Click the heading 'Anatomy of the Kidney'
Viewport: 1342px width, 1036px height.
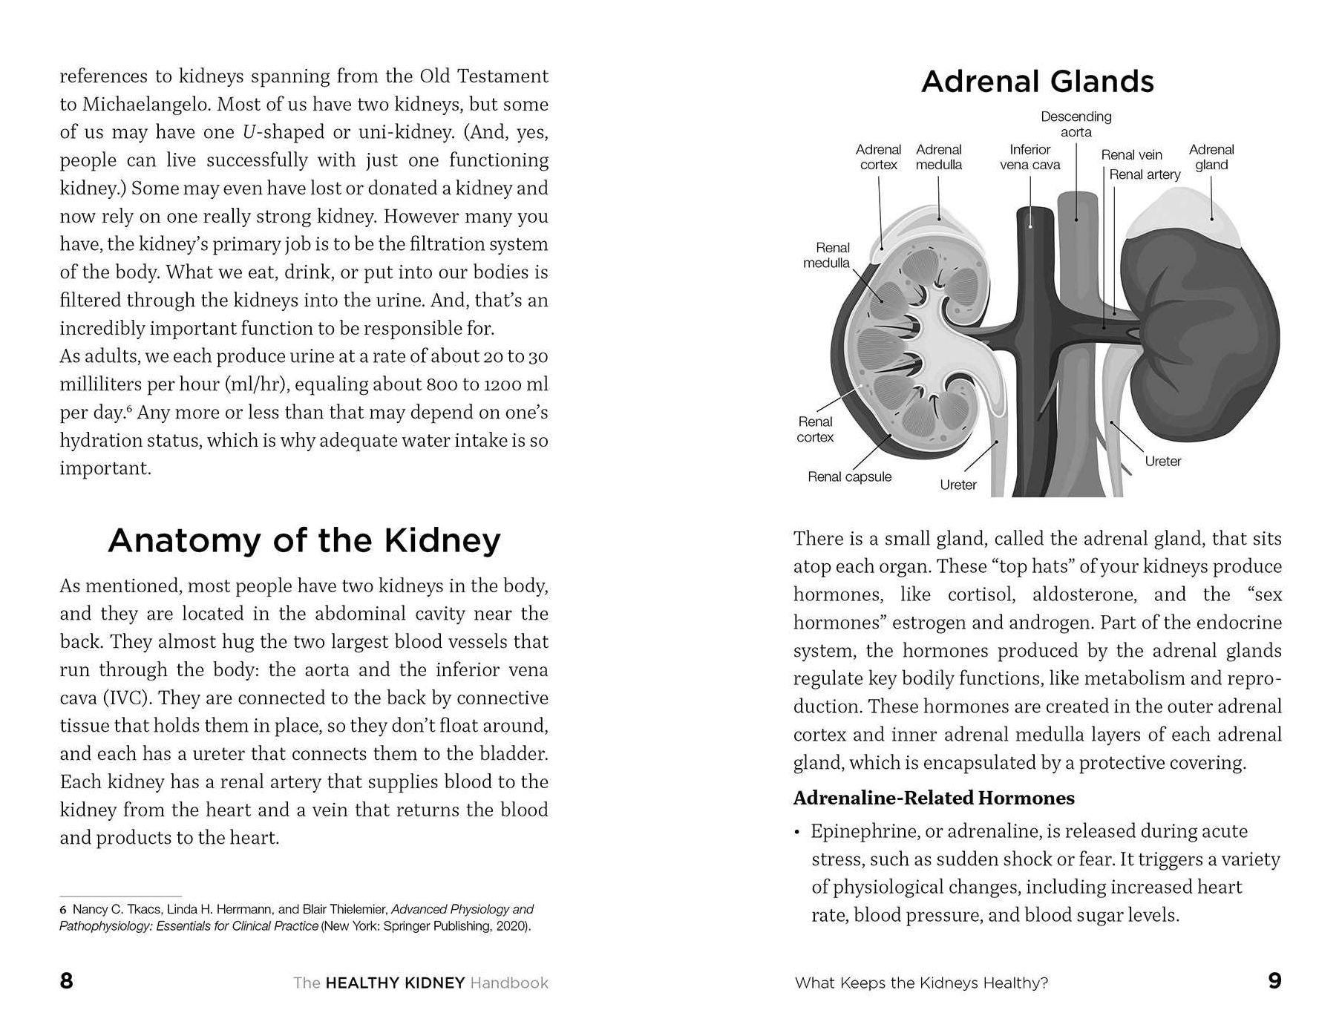click(x=304, y=540)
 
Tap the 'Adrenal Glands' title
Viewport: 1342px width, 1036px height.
click(x=1037, y=82)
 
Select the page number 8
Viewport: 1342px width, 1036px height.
click(x=66, y=981)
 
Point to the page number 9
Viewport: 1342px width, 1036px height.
click(x=1274, y=981)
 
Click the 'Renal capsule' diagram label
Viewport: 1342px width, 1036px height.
click(x=849, y=477)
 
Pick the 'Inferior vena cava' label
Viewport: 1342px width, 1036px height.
click(x=1030, y=157)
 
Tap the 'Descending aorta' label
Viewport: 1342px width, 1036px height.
click(x=1076, y=124)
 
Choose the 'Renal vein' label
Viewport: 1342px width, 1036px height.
click(x=1131, y=155)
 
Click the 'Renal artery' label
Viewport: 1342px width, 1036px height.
click(x=1145, y=174)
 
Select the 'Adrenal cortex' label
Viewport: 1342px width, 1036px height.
click(x=878, y=157)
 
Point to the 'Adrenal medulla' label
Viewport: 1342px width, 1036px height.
click(x=938, y=157)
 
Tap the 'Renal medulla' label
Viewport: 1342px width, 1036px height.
click(x=827, y=255)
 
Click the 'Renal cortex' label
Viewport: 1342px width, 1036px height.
click(x=815, y=430)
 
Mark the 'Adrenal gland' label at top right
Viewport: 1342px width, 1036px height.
click(x=1211, y=157)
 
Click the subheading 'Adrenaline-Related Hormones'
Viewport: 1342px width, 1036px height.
click(x=934, y=798)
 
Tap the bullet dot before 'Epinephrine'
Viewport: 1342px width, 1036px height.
click(x=797, y=832)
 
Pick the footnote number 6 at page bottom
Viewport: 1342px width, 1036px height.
click(x=63, y=910)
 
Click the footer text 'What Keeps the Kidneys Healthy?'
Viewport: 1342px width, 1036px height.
click(x=921, y=983)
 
